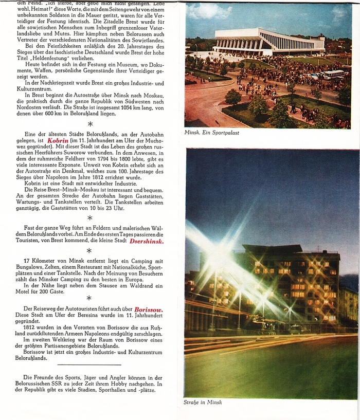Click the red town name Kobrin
click(58, 140)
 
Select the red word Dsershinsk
click(146, 241)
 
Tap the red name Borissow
click(149, 309)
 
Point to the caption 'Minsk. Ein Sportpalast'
click(211, 133)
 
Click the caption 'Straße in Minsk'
click(203, 402)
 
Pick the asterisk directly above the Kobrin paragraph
click(90, 125)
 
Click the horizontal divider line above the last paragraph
click(89, 364)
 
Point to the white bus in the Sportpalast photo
click(333, 74)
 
